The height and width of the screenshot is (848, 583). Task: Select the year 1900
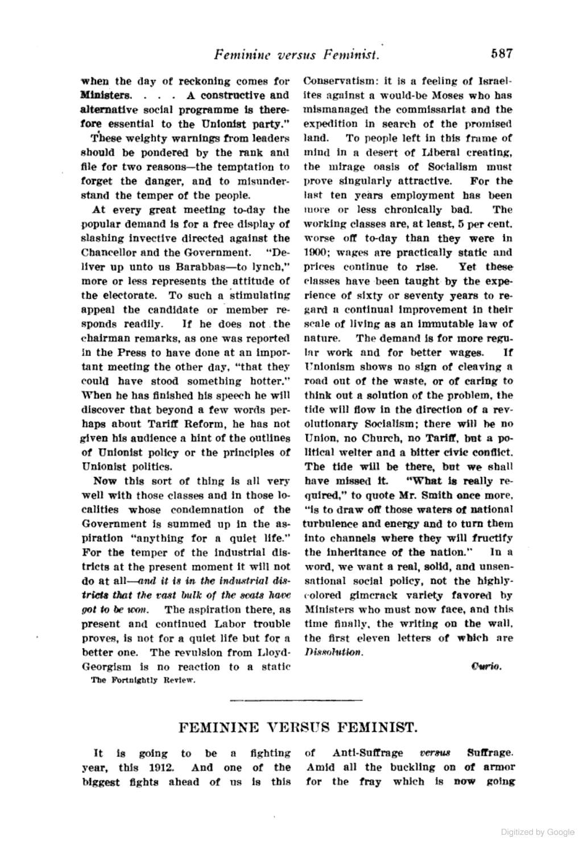tap(316, 253)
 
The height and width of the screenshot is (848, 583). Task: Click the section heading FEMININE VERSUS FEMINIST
tap(295, 727)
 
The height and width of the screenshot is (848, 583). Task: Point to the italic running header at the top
tap(296, 55)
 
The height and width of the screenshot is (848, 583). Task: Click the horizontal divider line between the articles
tap(295, 699)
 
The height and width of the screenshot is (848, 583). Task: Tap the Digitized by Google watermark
tap(538, 832)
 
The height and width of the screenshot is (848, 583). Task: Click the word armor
tap(501, 767)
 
